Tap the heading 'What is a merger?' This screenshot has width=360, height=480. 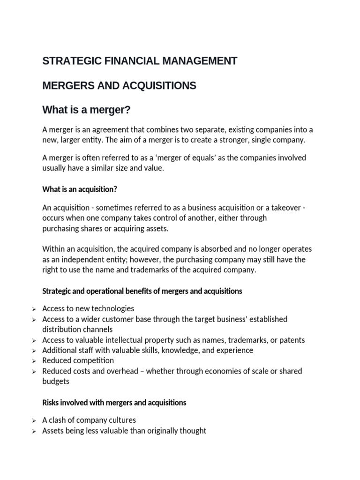pyautogui.click(x=86, y=110)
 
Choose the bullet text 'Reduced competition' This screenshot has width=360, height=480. pyautogui.click(x=78, y=360)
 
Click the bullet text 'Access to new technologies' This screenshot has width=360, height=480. pyautogui.click(x=88, y=308)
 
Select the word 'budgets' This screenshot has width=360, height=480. pyautogui.click(x=55, y=381)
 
